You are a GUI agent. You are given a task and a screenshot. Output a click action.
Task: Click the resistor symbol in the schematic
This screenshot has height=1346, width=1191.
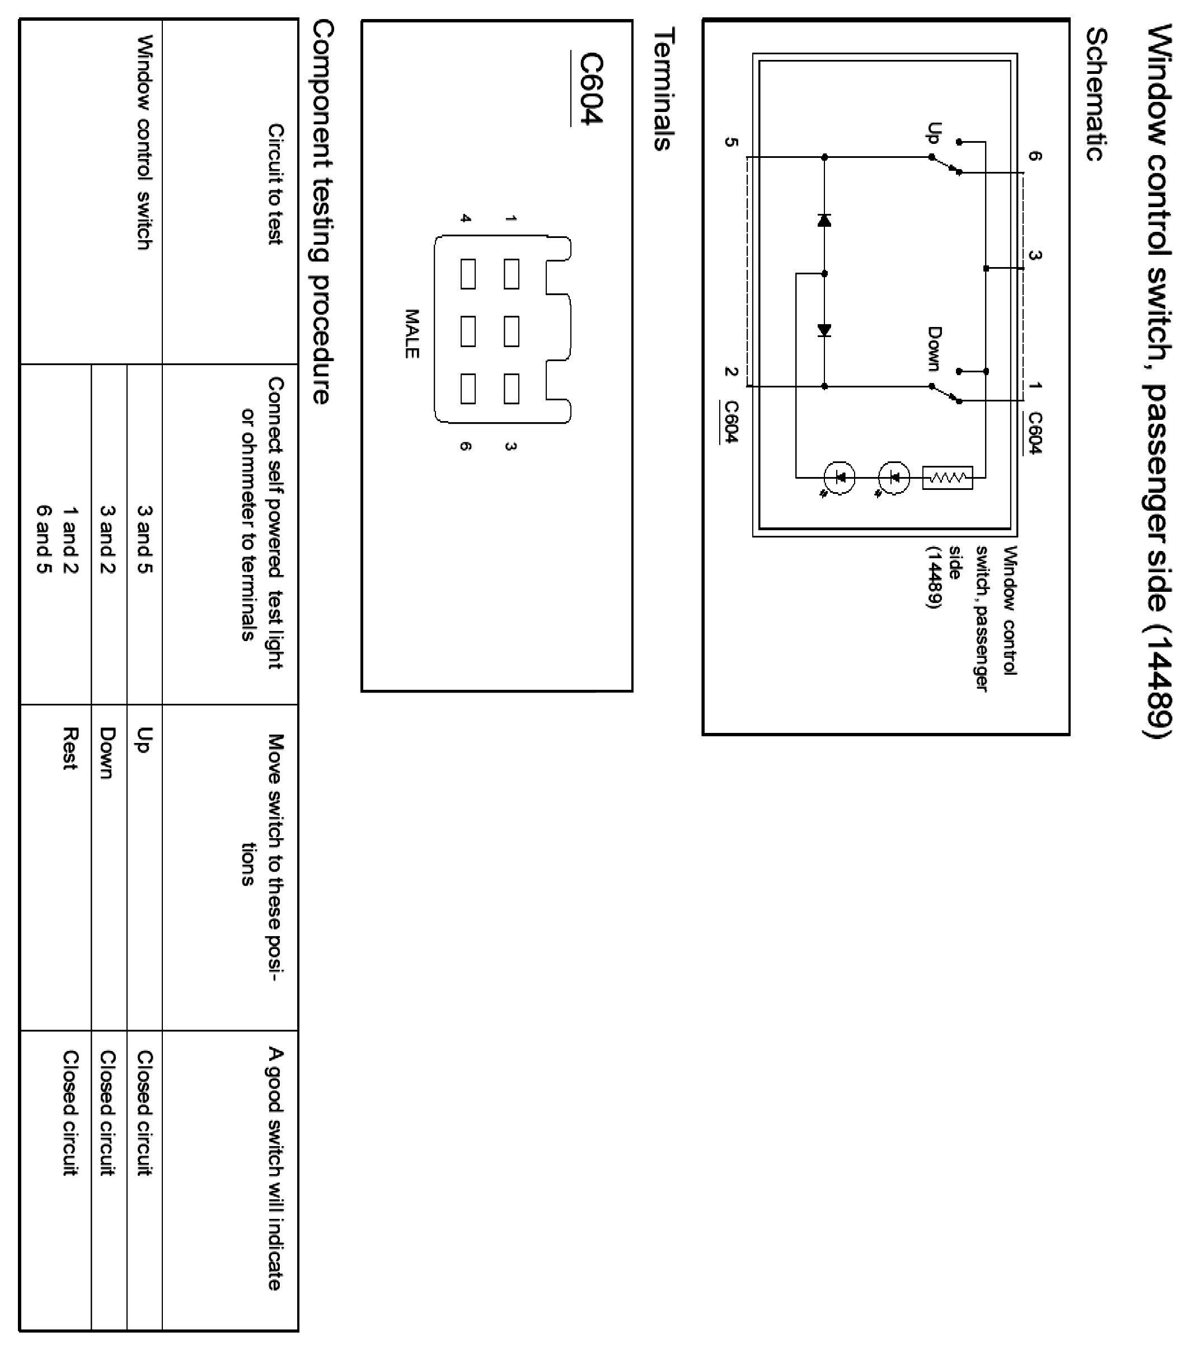tap(948, 478)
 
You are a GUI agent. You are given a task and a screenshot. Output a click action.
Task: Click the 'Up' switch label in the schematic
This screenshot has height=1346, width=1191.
tap(934, 133)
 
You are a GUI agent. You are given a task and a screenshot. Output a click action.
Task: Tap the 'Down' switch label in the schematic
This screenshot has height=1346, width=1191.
tap(934, 348)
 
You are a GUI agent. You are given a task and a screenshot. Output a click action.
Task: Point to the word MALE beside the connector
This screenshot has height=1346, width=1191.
tap(411, 334)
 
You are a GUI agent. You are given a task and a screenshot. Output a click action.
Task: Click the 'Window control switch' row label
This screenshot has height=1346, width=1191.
tap(144, 142)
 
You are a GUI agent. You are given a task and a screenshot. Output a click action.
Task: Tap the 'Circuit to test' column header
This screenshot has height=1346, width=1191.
tap(275, 184)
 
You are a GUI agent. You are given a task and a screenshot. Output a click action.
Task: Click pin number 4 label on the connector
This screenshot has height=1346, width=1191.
tap(466, 218)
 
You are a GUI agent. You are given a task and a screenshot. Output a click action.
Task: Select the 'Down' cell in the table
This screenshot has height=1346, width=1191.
tap(107, 752)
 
